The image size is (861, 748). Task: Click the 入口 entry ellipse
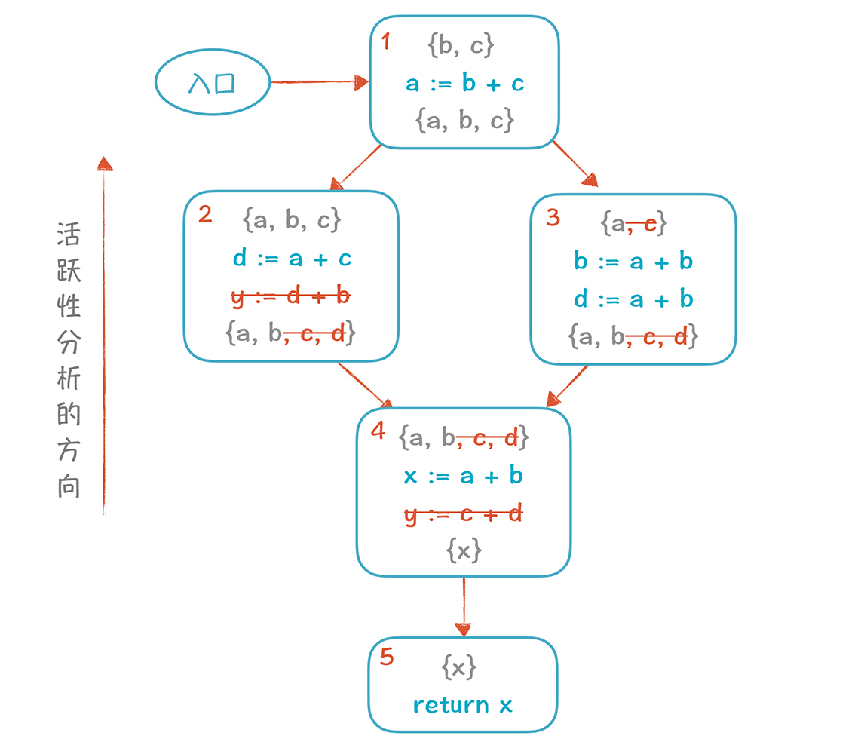(213, 83)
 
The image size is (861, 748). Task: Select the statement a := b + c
(464, 83)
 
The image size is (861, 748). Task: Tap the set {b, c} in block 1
(461, 46)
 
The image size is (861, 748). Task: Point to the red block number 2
(204, 215)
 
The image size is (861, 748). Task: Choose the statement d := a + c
(292, 259)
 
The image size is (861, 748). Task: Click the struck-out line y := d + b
(290, 296)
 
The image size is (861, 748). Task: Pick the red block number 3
(553, 217)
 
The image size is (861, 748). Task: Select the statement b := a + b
(633, 261)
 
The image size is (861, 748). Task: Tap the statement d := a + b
(633, 299)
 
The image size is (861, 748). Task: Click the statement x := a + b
(464, 476)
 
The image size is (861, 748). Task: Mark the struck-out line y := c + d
(464, 514)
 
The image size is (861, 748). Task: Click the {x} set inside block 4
(464, 551)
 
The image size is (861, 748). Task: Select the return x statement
(463, 705)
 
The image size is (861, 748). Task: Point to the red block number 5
(387, 657)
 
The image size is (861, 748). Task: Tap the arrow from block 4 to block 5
(463, 607)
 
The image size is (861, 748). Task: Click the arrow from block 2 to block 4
(365, 385)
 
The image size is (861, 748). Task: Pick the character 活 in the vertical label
(69, 235)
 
